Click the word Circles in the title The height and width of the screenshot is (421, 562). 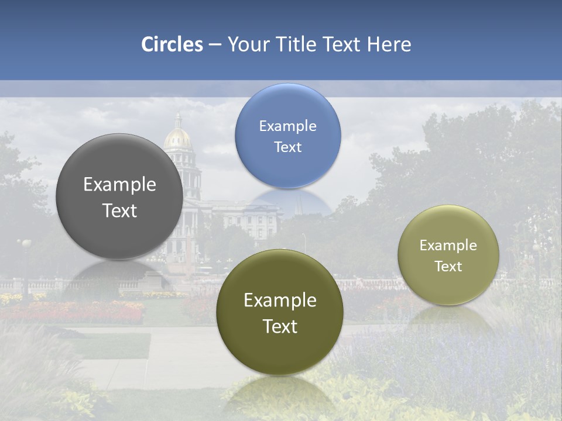pos(172,44)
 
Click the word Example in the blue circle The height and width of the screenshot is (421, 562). pos(287,126)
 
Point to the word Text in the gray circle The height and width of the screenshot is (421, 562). pos(119,210)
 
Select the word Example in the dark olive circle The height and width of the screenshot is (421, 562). pos(280,301)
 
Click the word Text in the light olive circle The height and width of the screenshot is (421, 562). pos(448,267)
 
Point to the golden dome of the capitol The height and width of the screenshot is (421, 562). pos(178,138)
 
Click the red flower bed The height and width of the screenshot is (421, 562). pos(88,312)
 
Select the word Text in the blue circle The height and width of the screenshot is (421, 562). pos(287,147)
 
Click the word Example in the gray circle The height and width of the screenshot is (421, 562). pos(119,185)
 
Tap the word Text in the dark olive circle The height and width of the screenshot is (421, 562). pos(280,326)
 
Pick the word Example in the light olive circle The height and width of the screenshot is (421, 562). pos(448,246)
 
